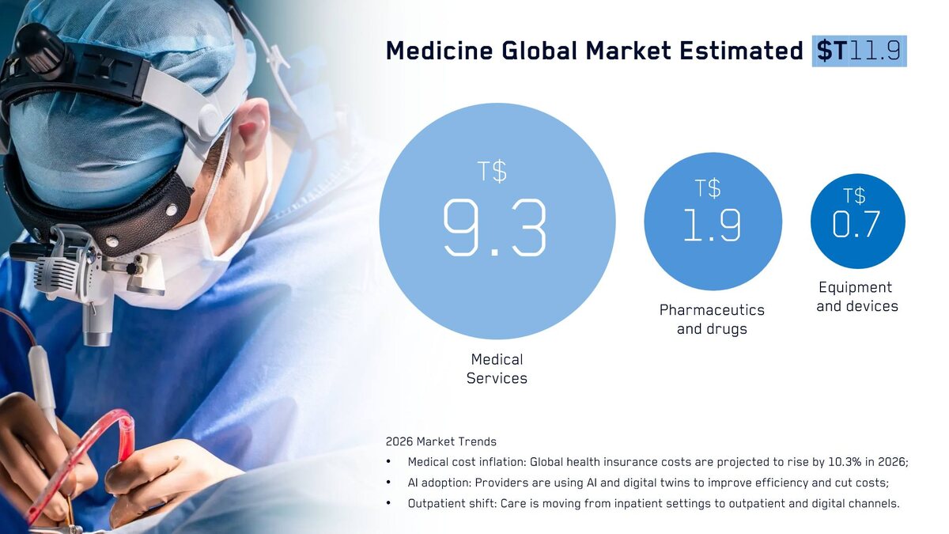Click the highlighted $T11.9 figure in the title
tap(859, 51)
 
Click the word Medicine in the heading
tap(440, 51)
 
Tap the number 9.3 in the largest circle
tap(495, 229)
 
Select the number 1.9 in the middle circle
tap(713, 225)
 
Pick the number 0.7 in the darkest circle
tap(856, 224)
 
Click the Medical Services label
tap(497, 369)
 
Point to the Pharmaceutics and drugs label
tap(712, 319)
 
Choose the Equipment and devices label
tap(856, 297)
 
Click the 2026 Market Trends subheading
tap(440, 441)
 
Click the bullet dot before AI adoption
tap(388, 483)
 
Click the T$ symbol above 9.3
tap(492, 171)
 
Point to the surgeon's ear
tap(251, 129)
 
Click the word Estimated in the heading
tap(741, 51)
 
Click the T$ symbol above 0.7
tap(854, 196)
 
